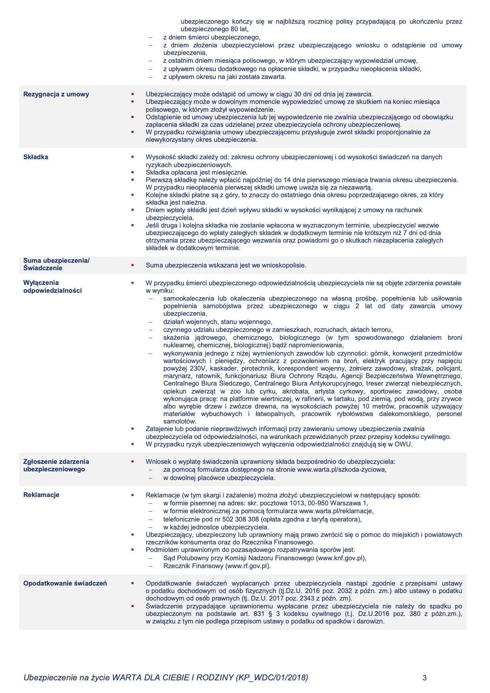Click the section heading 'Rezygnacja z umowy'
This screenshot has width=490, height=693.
click(x=56, y=94)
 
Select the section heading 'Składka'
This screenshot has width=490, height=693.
click(x=36, y=157)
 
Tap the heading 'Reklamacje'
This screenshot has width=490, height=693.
click(x=41, y=495)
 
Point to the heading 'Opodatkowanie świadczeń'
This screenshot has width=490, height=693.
click(x=65, y=583)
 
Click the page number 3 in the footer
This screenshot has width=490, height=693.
click(x=424, y=678)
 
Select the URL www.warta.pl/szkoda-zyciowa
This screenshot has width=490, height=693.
click(x=341, y=469)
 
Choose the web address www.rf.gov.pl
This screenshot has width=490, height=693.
click(x=248, y=566)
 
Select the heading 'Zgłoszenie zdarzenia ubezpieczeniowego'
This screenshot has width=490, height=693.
click(x=56, y=465)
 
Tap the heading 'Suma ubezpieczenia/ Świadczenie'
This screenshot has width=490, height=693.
click(x=56, y=264)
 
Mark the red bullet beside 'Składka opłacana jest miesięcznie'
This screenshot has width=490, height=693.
click(x=133, y=172)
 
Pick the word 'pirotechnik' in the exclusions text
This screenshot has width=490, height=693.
click(x=257, y=368)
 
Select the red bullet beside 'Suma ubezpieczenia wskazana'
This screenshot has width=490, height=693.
click(x=133, y=265)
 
